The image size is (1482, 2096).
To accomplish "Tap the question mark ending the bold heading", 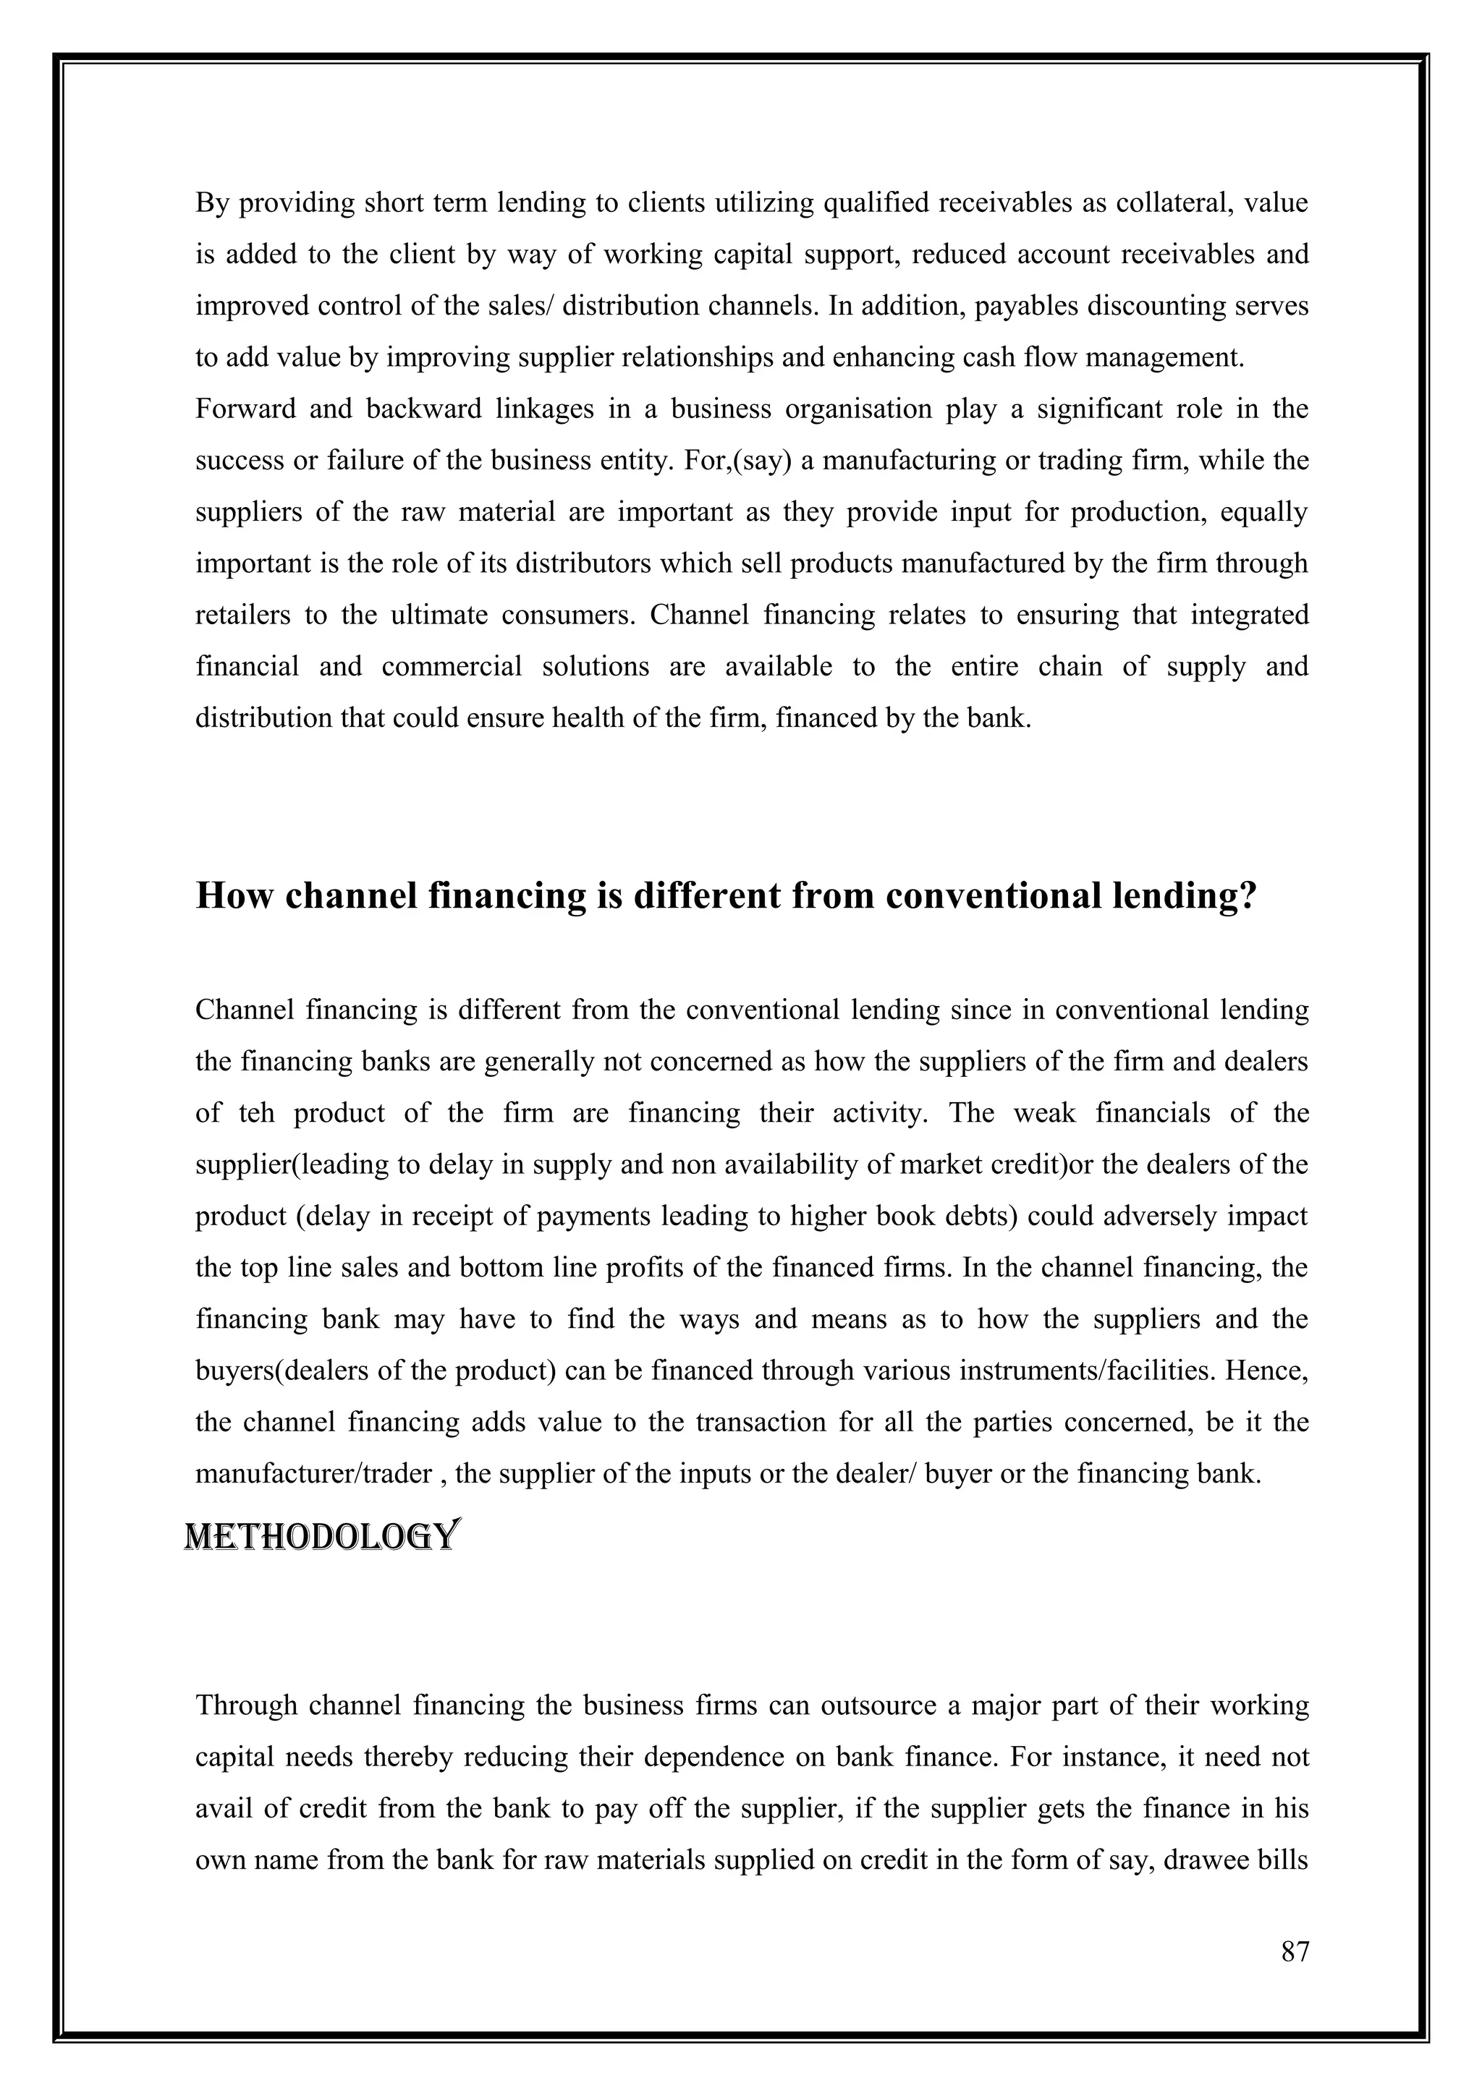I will pyautogui.click(x=1248, y=896).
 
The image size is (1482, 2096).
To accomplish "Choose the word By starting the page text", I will pyautogui.click(x=211, y=203).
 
